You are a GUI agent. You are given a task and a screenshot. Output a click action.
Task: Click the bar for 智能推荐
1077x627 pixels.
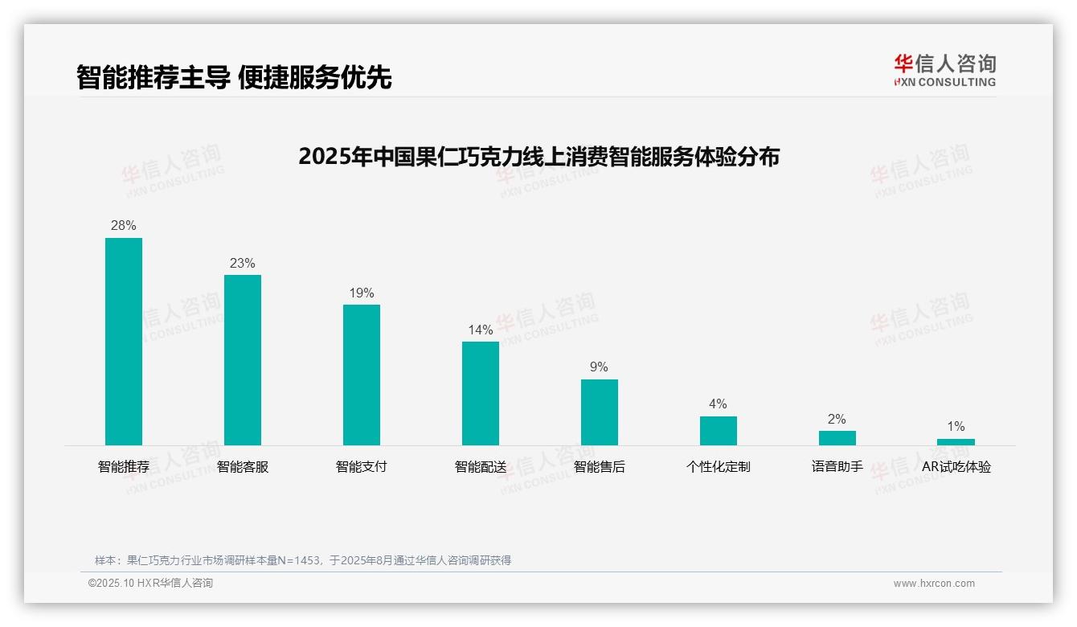coord(124,342)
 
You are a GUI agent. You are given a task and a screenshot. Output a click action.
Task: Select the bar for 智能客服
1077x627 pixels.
coord(243,360)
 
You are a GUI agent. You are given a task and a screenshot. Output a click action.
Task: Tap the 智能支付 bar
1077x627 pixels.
coord(362,375)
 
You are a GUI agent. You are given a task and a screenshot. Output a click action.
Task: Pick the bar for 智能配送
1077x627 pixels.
coord(481,393)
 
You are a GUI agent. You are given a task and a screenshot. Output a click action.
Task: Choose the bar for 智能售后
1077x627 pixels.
coord(600,412)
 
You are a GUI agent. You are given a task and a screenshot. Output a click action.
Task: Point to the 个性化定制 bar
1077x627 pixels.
coord(719,431)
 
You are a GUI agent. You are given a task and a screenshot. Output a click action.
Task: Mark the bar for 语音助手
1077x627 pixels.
coord(837,438)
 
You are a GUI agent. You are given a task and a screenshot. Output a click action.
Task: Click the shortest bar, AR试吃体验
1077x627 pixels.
coord(956,442)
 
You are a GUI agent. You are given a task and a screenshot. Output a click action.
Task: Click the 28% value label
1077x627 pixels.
coord(124,226)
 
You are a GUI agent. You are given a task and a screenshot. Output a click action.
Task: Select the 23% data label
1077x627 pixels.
coord(243,263)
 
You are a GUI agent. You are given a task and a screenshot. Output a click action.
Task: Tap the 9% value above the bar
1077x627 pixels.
coord(600,367)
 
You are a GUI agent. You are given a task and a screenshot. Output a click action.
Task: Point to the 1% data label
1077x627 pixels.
coord(956,427)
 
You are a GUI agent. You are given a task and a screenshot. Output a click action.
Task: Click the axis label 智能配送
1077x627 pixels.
coord(481,467)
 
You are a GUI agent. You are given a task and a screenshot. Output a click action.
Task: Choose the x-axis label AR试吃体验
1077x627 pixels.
coord(956,467)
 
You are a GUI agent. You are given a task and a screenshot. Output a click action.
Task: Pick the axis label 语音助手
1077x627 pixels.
coord(837,467)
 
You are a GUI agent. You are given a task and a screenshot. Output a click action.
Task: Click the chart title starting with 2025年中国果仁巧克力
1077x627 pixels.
coord(538,157)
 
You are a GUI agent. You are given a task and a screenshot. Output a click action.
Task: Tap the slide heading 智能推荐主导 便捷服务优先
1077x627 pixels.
coord(234,77)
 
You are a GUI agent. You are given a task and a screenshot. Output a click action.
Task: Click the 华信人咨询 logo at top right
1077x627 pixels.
coord(944,70)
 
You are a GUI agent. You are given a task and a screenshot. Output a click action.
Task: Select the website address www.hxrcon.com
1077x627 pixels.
coord(934,584)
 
